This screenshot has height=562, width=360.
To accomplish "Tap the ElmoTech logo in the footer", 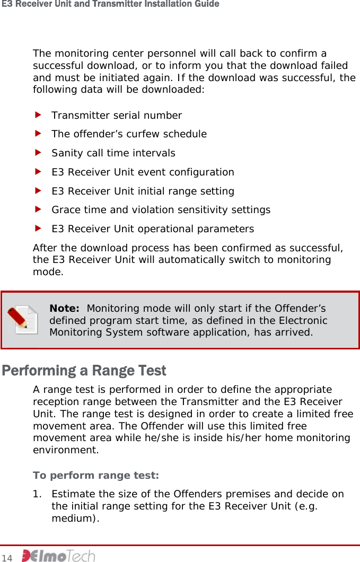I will [x=58, y=556].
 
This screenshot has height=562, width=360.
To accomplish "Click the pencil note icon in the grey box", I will [x=23, y=320].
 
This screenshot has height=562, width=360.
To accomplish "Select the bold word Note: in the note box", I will [x=64, y=309].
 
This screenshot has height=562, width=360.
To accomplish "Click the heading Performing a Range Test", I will [x=84, y=370].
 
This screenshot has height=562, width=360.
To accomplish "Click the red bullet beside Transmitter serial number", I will [x=38, y=115].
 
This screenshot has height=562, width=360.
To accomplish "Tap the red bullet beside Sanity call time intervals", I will [x=38, y=153].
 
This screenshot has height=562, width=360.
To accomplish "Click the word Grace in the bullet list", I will [x=65, y=210].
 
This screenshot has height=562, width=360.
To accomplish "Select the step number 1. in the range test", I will [x=37, y=494].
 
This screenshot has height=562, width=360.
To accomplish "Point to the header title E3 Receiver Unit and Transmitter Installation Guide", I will [x=110, y=4].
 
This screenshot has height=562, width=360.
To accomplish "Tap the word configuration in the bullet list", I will [x=204, y=172].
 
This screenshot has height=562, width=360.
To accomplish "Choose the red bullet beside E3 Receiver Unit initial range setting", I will [x=38, y=191].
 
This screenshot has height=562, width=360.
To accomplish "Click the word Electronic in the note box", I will [x=302, y=320].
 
